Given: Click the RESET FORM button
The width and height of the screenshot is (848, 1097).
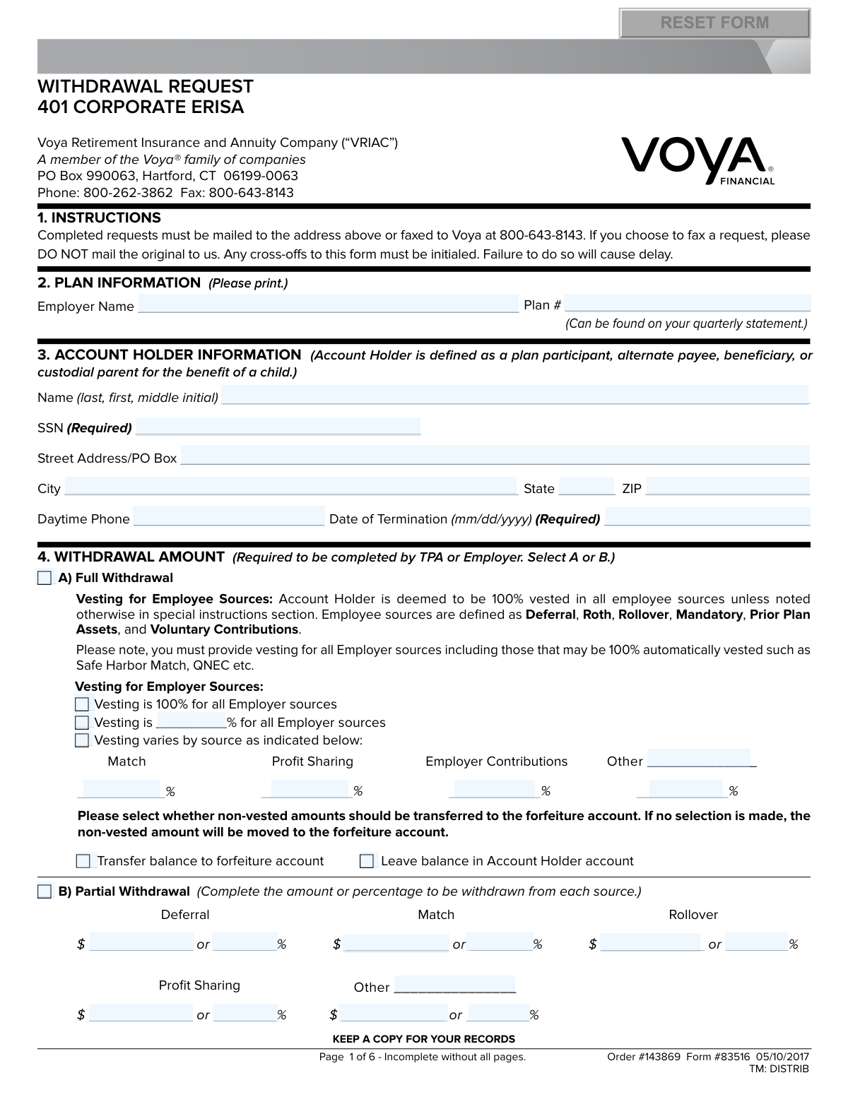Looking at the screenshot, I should [714, 23].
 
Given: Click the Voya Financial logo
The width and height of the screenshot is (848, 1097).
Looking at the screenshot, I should [698, 160].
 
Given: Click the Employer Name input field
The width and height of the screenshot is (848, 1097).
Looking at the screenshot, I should [328, 304].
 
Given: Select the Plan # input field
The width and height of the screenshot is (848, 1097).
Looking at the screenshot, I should [687, 304].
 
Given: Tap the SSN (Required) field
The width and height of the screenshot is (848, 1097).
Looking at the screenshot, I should [278, 427].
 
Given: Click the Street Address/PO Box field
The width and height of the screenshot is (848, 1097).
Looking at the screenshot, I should [495, 456].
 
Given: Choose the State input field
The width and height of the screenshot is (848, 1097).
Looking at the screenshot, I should [587, 487].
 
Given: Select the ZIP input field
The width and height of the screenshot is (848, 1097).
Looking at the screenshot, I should [727, 487].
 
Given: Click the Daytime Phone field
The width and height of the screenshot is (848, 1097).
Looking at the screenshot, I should [229, 517].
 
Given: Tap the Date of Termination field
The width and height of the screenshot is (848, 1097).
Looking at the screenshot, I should [707, 517].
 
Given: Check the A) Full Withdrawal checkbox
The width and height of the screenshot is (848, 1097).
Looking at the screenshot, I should [45, 579].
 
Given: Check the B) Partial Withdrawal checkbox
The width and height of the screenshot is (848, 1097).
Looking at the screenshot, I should [45, 891].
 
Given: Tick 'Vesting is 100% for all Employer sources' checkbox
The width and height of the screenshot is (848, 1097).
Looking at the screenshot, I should [82, 704].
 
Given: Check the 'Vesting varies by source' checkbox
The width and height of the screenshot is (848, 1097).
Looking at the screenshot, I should [82, 740].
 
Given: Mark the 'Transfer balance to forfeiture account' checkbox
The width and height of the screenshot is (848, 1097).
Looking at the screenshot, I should [83, 861].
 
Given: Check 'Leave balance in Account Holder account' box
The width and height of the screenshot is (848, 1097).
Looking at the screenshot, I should [367, 861].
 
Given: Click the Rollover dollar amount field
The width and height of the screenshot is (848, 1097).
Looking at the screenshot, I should [652, 943].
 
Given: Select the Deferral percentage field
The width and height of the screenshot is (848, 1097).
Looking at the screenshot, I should [245, 943].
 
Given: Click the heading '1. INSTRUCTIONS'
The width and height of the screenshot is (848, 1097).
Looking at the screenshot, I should [99, 218].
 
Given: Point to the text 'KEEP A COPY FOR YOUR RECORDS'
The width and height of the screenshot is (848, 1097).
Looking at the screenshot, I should [423, 1039].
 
